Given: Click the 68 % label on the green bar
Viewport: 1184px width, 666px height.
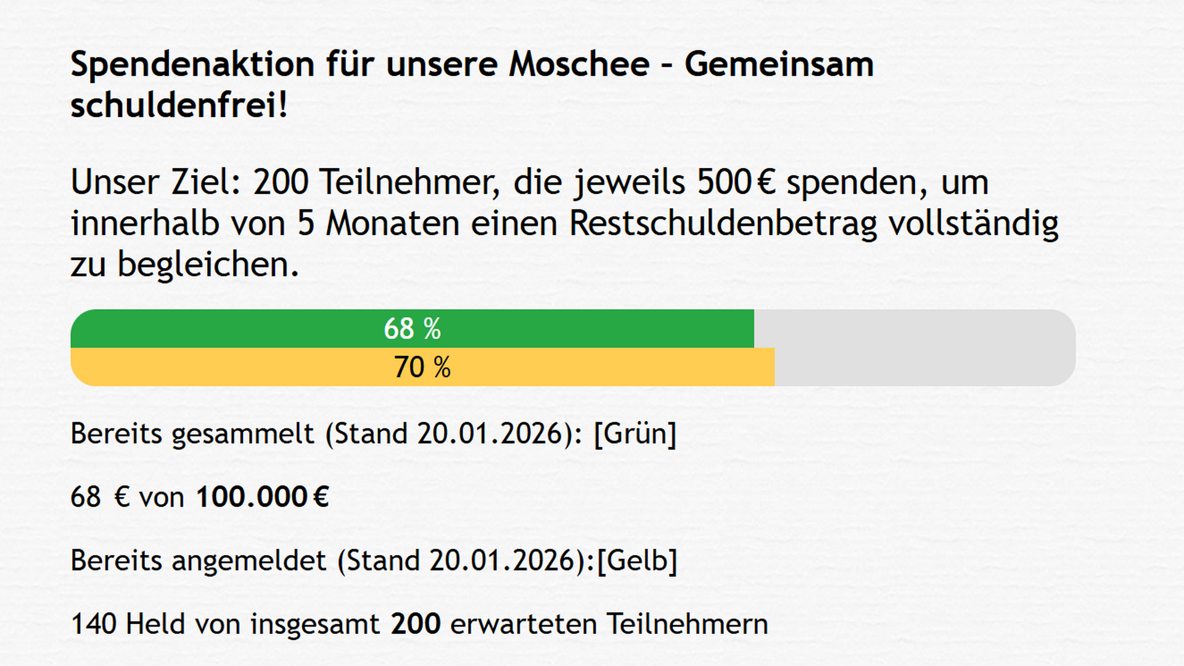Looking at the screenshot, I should pyautogui.click(x=412, y=329).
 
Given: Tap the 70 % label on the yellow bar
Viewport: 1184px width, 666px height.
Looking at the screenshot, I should pyautogui.click(x=422, y=367).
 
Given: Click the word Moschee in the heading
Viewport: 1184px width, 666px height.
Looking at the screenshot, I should pyautogui.click(x=579, y=64).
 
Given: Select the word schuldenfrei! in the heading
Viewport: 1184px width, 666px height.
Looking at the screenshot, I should pyautogui.click(x=179, y=105).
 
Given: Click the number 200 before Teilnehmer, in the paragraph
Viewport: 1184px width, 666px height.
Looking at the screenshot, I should pyautogui.click(x=281, y=183).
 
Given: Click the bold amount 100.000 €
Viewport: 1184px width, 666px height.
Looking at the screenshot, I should pyautogui.click(x=262, y=497).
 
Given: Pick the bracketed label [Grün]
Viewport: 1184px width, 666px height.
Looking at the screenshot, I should pyautogui.click(x=635, y=434).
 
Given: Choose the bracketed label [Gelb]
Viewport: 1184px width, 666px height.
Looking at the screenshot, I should pyautogui.click(x=638, y=561).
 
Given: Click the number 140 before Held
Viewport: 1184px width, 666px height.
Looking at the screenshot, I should pyautogui.click(x=93, y=624).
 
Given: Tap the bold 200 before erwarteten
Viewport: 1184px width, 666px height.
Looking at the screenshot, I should pyautogui.click(x=416, y=624).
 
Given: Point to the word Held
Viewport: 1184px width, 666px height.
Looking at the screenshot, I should pyautogui.click(x=155, y=624).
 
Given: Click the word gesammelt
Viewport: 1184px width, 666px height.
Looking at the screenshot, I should pyautogui.click(x=243, y=434).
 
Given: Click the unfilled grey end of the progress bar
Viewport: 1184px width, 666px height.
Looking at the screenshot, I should pyautogui.click(x=925, y=348).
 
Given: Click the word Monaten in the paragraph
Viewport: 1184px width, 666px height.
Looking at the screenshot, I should pyautogui.click(x=392, y=223).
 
